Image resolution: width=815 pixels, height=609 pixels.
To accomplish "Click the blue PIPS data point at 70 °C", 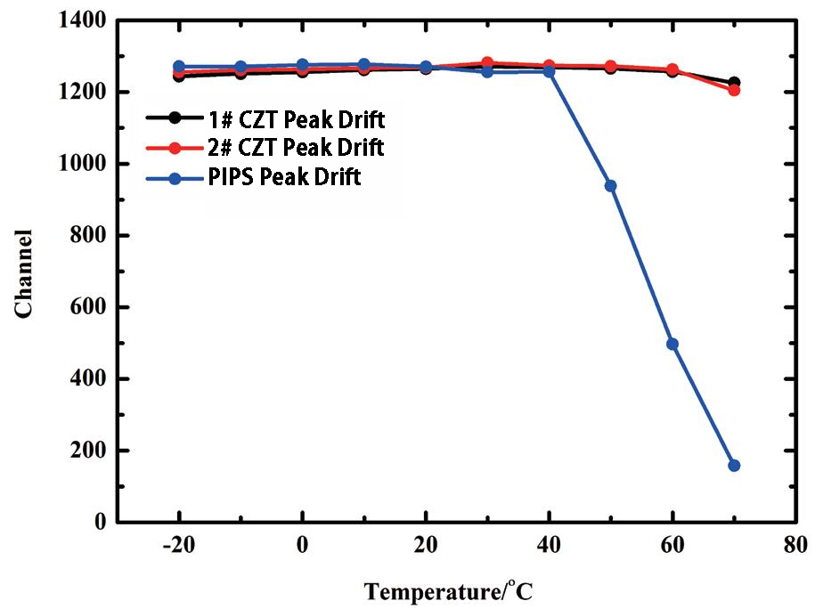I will pos(734,466).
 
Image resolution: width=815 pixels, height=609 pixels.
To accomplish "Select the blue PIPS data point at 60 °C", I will pos(672,344).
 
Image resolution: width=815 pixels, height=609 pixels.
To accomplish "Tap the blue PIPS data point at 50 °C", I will pos(610,186).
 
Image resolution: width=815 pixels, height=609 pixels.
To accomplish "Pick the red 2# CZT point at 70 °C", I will pos(734,90).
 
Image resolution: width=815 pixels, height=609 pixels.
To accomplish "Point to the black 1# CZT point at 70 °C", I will pos(734,82).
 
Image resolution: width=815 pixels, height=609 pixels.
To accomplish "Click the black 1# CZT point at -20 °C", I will pos(179,76).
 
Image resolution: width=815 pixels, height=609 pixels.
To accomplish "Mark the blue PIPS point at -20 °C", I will pos(179,66).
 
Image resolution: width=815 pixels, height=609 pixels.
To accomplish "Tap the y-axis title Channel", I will pos(24,272).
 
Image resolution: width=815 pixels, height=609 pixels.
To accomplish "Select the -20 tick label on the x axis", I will pos(179,545).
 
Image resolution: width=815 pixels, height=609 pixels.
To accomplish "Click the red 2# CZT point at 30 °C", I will pos(487,63).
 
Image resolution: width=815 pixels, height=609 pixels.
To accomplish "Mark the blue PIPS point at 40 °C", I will pos(549,71).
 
